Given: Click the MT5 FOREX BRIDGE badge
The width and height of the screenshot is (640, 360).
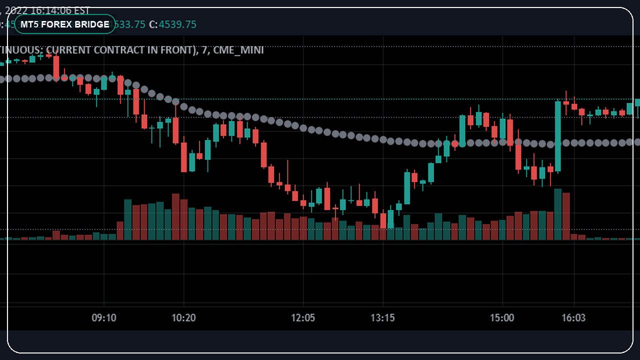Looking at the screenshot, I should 65,24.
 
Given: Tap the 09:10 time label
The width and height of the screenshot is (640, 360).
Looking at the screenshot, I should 104,318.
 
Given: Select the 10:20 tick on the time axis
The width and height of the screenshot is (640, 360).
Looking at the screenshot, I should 184,318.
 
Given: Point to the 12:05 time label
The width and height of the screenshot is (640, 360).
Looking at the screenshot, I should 303,318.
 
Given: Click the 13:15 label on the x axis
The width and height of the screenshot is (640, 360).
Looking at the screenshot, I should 382,318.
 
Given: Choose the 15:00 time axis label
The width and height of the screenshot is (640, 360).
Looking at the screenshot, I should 502,318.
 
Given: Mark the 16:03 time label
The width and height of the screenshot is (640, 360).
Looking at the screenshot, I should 573,318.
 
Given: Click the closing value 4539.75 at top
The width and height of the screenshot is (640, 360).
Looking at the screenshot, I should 177,24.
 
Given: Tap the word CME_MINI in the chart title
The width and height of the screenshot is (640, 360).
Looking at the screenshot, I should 238,50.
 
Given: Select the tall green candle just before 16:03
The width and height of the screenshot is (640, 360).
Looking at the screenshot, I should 557,136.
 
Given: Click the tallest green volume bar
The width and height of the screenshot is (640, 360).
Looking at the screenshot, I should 557,214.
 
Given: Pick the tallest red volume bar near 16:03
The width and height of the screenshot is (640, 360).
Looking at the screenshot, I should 566,216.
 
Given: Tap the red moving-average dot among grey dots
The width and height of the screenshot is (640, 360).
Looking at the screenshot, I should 454,143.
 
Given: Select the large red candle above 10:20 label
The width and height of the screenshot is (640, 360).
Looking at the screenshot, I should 176,130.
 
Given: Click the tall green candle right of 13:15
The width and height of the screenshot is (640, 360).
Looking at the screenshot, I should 407,188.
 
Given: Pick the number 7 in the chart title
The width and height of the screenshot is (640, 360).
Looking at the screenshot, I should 204,50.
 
